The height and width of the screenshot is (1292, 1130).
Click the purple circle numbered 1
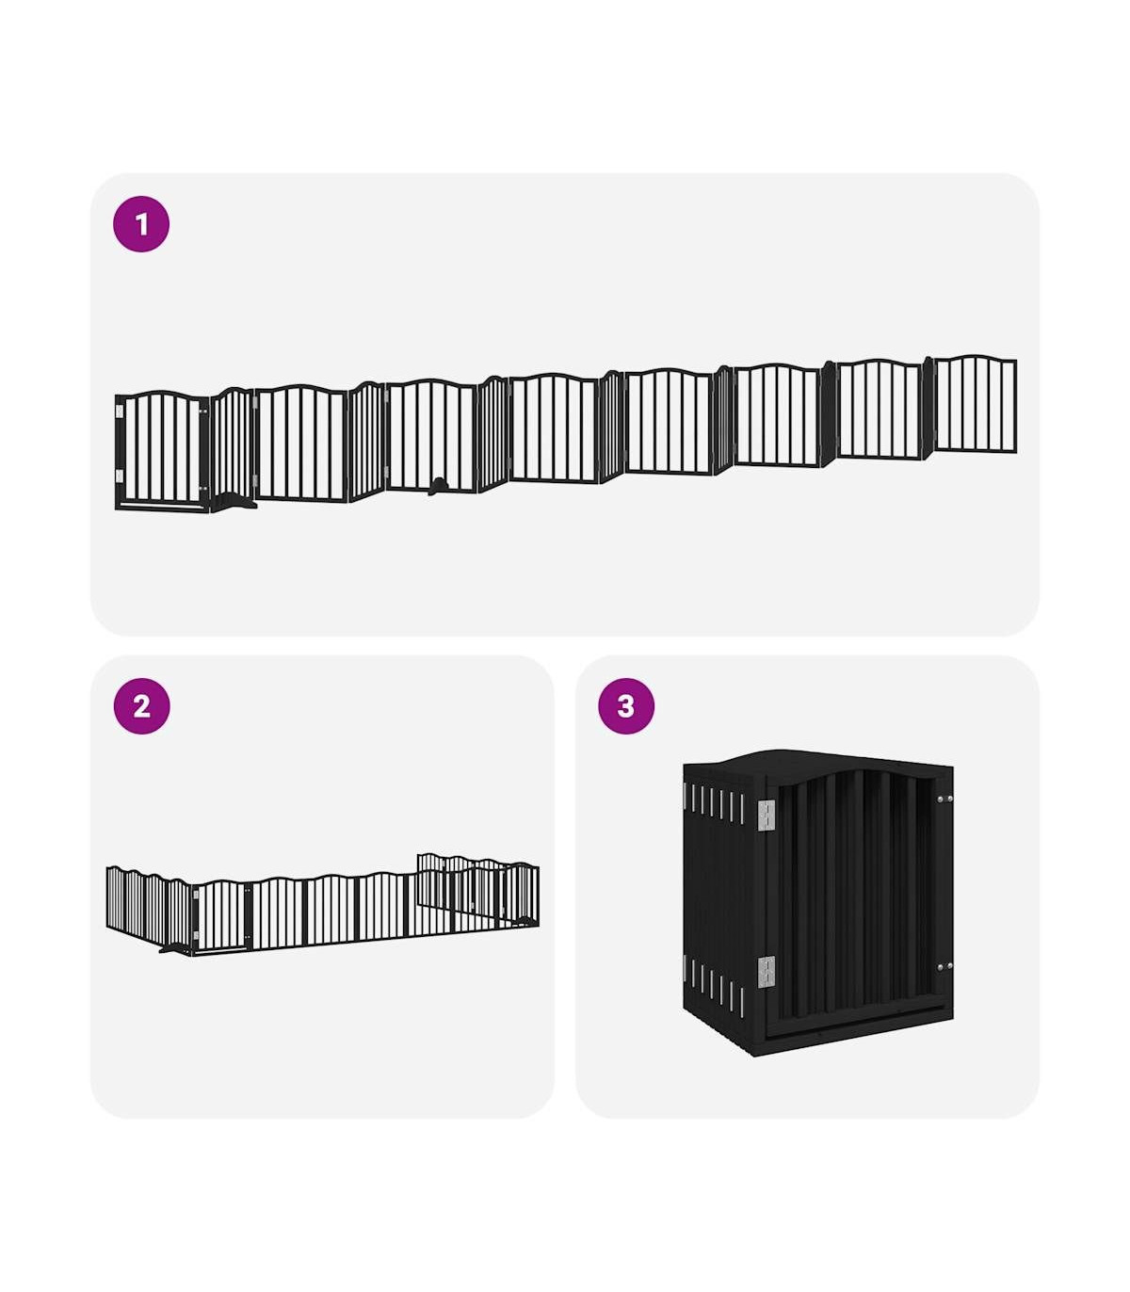click(140, 224)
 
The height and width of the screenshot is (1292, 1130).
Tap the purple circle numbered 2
click(141, 706)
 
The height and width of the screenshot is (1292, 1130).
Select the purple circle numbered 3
click(626, 706)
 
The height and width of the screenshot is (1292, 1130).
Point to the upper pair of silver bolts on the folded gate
click(944, 799)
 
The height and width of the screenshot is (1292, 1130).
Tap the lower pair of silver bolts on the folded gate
click(944, 967)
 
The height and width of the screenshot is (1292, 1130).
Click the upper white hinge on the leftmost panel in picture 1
click(120, 412)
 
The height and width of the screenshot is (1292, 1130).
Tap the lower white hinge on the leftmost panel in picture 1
click(120, 476)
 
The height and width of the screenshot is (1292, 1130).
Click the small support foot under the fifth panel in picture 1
click(437, 487)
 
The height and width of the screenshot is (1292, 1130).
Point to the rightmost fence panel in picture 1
click(975, 403)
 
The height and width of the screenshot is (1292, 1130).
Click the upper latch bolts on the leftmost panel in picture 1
click(202, 412)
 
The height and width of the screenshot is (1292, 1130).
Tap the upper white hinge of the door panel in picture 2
click(196, 894)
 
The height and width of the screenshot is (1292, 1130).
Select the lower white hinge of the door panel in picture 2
click(196, 934)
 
